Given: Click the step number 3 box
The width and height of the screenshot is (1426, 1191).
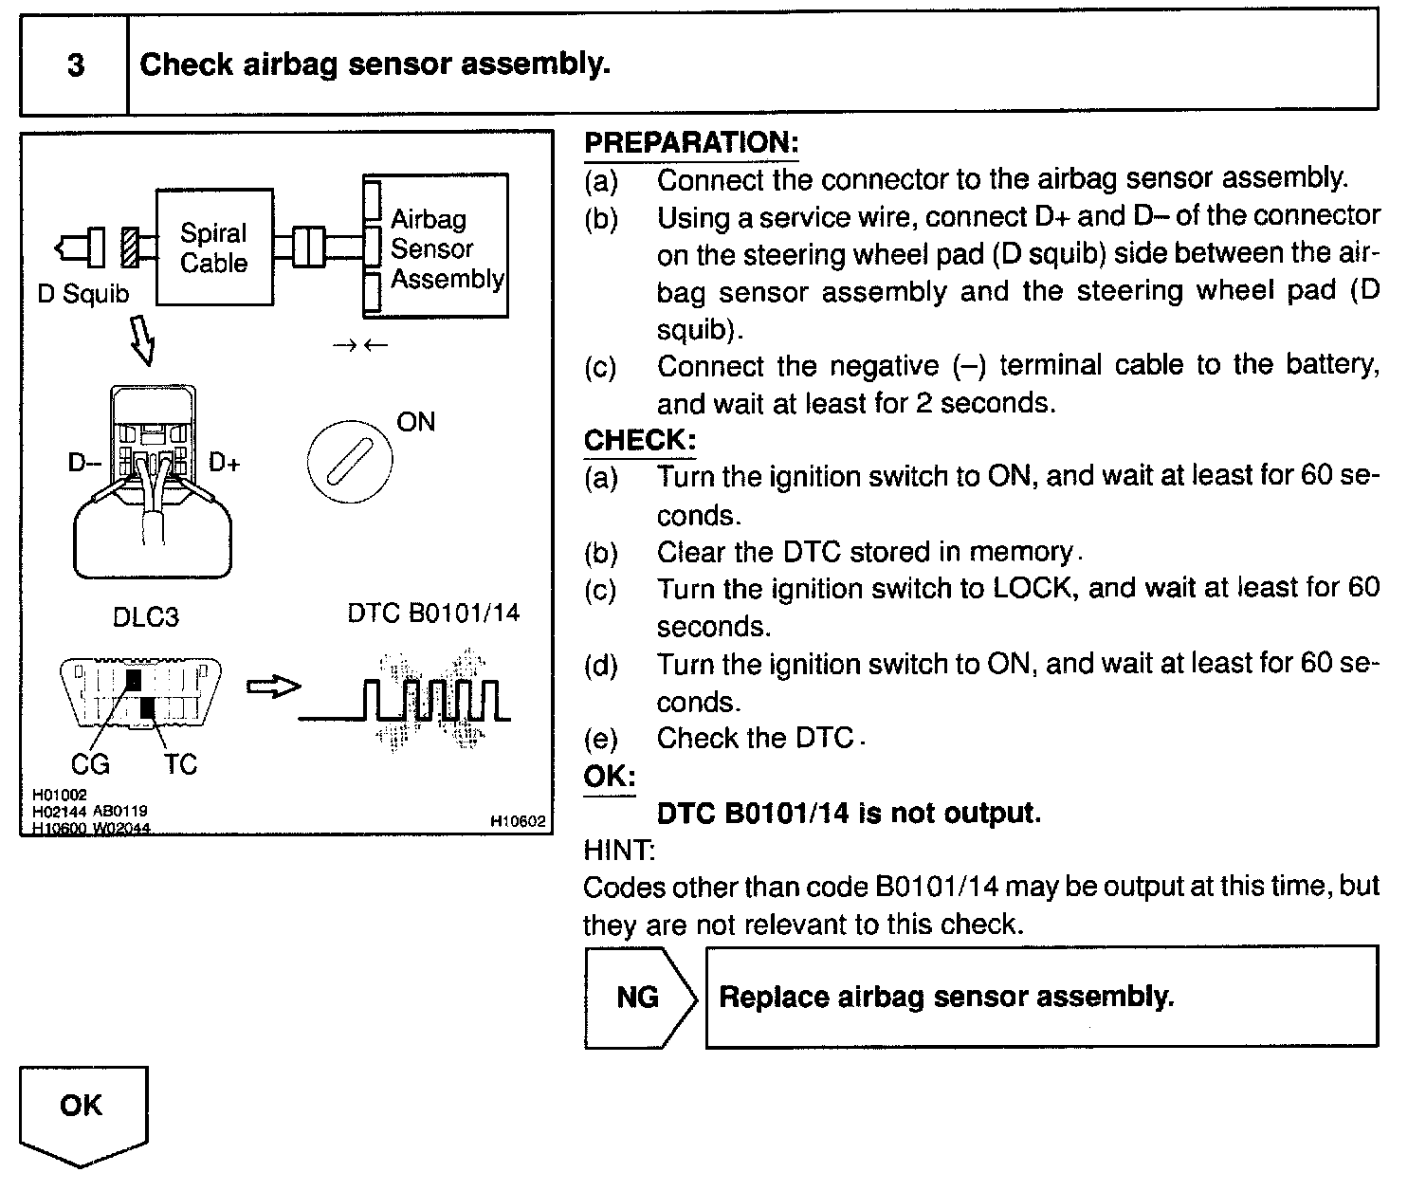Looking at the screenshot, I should click(x=74, y=65).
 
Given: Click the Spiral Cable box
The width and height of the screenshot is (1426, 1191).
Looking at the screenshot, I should click(x=214, y=247).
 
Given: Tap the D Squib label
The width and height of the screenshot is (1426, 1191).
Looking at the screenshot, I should click(x=82, y=294).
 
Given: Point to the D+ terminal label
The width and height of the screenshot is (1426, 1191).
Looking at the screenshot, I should click(x=225, y=463).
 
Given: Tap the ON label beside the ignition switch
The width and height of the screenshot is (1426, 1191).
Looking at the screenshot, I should click(x=415, y=422).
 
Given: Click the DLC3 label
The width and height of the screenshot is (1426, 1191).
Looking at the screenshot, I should click(x=145, y=617).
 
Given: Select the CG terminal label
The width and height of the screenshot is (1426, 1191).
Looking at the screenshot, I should click(x=91, y=763).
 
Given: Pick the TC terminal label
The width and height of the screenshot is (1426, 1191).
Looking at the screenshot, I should click(x=180, y=763).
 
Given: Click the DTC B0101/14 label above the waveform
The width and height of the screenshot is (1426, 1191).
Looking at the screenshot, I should click(x=433, y=613).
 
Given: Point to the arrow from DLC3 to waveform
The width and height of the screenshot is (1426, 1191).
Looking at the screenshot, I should click(x=273, y=687).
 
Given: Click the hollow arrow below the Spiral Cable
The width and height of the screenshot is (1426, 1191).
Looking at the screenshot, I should click(x=143, y=342).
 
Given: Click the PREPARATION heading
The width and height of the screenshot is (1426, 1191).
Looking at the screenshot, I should click(x=691, y=143).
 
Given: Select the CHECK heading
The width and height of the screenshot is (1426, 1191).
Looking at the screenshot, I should click(x=640, y=441).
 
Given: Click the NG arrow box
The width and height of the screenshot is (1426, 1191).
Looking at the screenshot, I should click(x=640, y=998).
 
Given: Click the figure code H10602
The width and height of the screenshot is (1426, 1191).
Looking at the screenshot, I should click(x=518, y=822).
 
